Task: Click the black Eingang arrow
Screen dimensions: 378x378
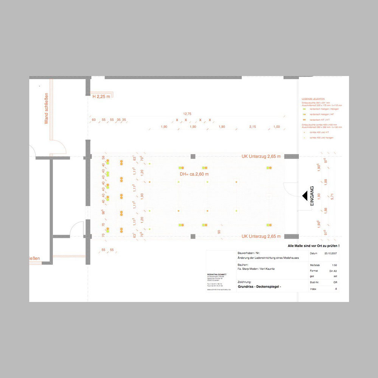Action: coord(304,195)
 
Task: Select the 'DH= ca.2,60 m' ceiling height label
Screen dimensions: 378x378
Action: coord(194,174)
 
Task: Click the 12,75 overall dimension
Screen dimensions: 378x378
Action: coord(187,114)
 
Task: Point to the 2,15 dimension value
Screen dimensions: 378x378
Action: coord(252,127)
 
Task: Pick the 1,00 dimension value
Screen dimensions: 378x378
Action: coord(277,127)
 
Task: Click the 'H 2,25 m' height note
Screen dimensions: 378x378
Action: coord(101,96)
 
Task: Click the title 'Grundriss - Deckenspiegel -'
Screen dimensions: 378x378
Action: coord(259,287)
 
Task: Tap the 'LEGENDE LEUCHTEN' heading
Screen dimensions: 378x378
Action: coord(313,99)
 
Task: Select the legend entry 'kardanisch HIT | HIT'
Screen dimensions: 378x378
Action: coord(319,120)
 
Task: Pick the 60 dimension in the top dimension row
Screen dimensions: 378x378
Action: coord(93,120)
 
